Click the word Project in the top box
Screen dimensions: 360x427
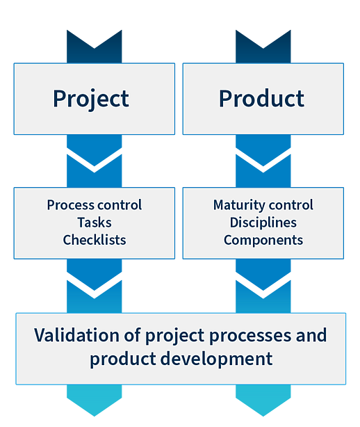click(x=91, y=99)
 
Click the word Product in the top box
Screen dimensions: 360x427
click(x=261, y=98)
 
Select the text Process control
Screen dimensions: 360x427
click(x=94, y=205)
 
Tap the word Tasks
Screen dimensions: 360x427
click(x=95, y=223)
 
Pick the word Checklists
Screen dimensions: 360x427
click(x=95, y=240)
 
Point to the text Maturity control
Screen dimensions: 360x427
click(x=263, y=205)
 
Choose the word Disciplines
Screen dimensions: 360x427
click(x=263, y=223)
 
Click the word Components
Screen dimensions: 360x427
click(x=263, y=241)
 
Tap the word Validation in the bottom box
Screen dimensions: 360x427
click(x=76, y=335)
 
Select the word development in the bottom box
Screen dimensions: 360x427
click(x=216, y=359)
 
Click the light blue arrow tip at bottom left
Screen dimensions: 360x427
click(x=94, y=416)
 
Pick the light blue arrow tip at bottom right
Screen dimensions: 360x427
click(x=263, y=416)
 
